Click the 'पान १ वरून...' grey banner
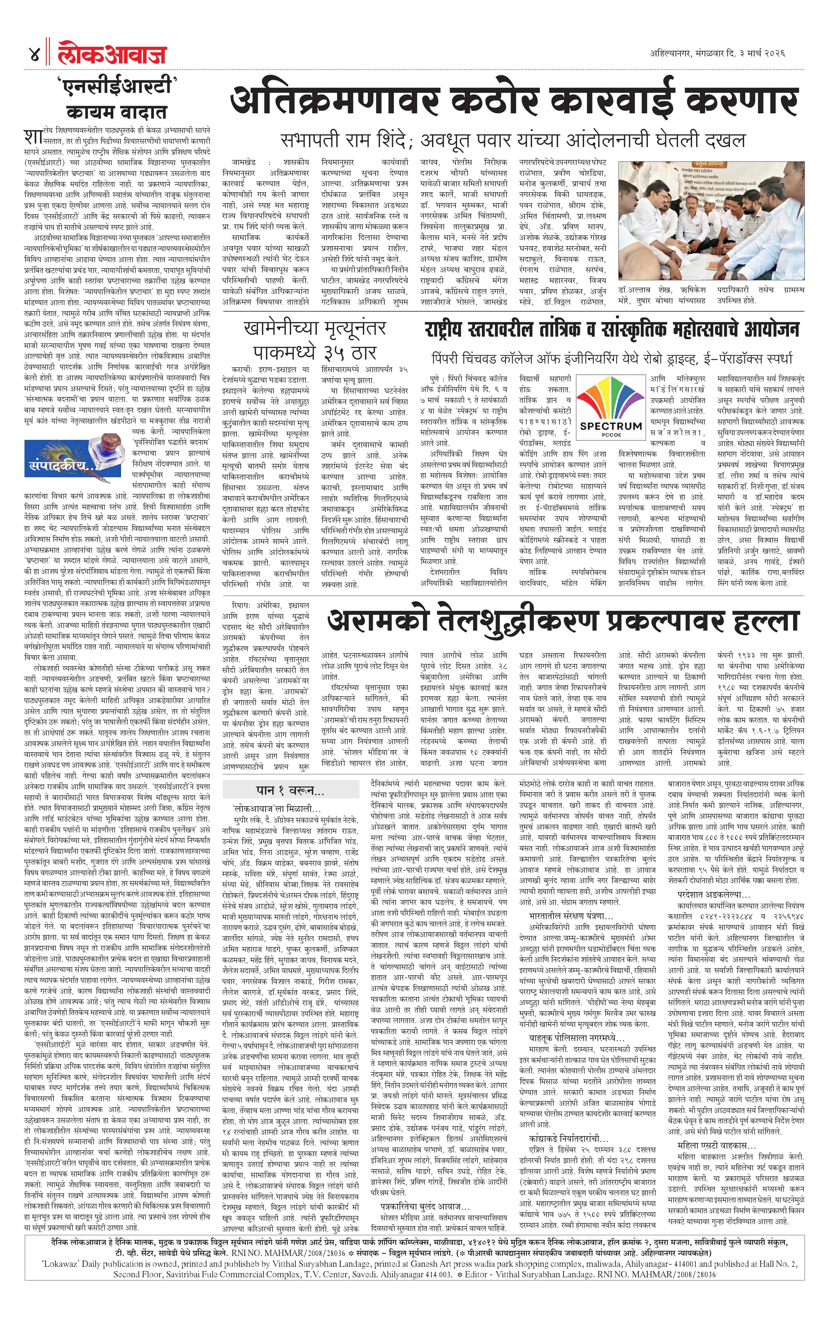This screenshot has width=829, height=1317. pos(290,791)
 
